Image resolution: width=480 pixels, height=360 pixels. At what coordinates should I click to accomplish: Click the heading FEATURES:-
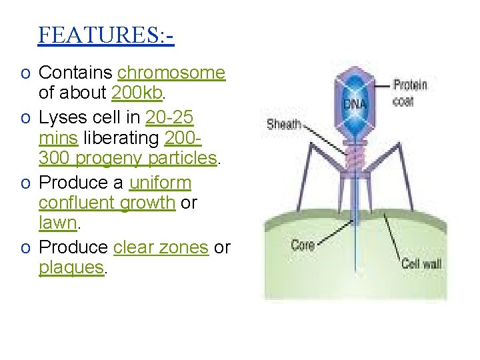pyautogui.click(x=106, y=35)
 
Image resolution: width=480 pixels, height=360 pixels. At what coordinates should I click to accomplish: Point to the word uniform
pyautogui.click(x=160, y=183)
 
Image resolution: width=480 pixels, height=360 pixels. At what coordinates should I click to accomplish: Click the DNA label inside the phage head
pyautogui.click(x=355, y=105)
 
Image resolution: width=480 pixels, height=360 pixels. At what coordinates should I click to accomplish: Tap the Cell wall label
pyautogui.click(x=421, y=264)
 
